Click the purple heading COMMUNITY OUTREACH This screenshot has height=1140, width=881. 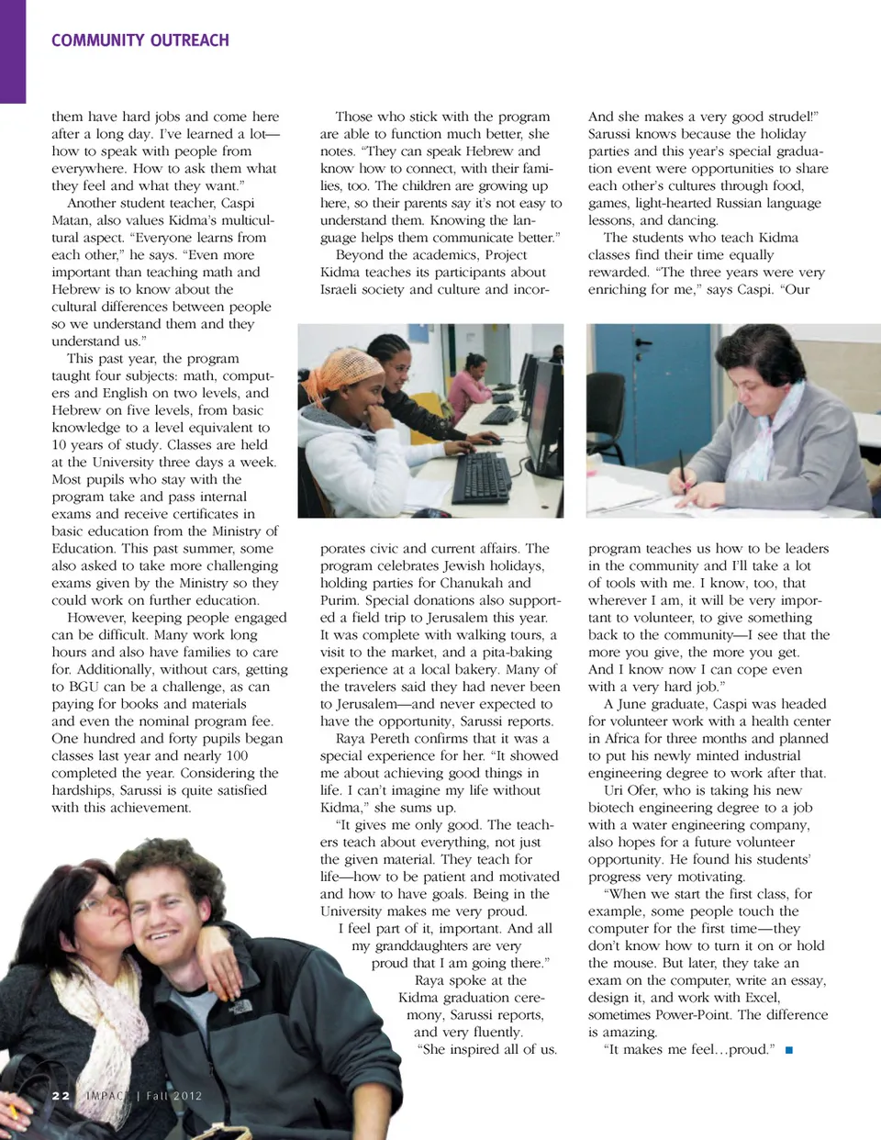140,40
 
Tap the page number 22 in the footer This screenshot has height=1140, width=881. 61,1096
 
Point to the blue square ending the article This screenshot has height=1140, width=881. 789,1049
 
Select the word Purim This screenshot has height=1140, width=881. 339,600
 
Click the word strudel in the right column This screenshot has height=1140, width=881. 782,117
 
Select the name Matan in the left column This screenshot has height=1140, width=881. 72,220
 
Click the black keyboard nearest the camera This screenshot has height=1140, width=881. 481,476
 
